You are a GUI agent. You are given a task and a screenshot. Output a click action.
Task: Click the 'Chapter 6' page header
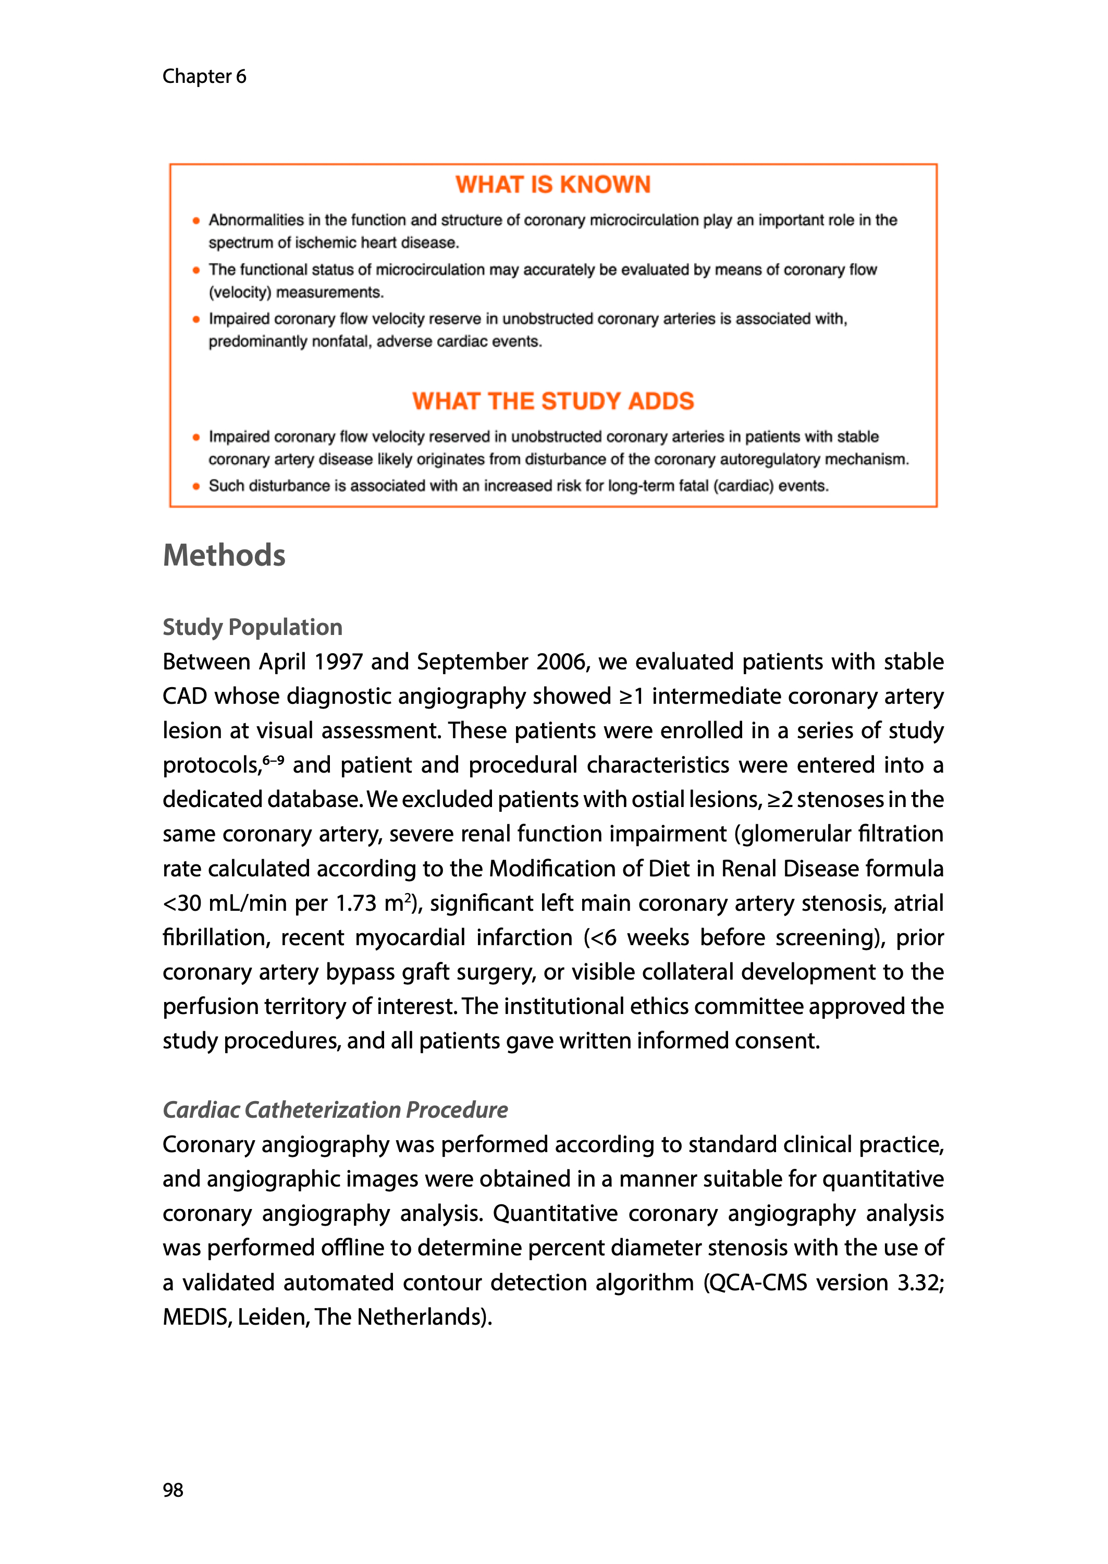tap(204, 77)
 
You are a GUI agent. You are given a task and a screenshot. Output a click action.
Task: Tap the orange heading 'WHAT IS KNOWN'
tap(552, 185)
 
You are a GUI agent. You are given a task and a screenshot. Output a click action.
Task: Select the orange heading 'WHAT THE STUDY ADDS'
tap(552, 401)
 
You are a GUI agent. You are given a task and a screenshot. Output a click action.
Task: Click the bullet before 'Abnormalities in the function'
tap(196, 221)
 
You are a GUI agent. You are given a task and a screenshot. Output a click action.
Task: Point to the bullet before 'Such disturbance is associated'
tap(196, 486)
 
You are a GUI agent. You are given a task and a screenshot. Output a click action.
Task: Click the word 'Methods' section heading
tap(224, 555)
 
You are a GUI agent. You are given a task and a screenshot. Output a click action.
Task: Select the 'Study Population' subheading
tap(252, 627)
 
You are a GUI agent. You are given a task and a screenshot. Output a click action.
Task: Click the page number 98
tap(173, 1490)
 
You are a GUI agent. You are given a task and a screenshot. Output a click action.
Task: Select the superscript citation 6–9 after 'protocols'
tap(274, 760)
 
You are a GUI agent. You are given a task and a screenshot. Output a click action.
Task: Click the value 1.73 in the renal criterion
tap(355, 903)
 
